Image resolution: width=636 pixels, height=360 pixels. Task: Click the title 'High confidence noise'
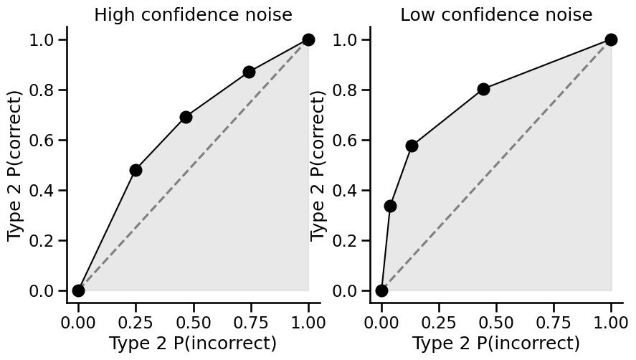pos(193,14)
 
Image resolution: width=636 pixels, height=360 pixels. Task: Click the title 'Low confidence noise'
pos(496,14)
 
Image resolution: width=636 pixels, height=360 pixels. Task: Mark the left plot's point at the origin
pos(78,290)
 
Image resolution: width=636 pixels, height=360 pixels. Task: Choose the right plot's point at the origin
pos(381,290)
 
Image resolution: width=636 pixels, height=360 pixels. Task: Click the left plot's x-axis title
pos(193,344)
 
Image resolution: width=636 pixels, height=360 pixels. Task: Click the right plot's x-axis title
pos(496,344)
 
